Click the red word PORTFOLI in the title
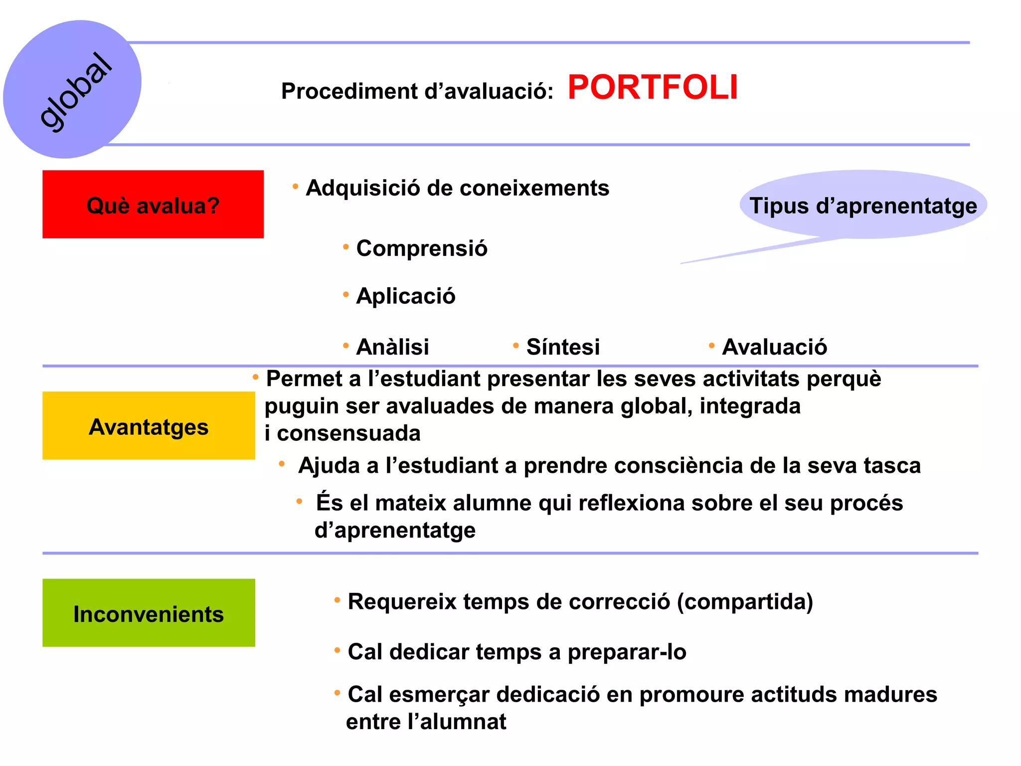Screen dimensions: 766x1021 [652, 88]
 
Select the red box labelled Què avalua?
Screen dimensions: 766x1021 [153, 204]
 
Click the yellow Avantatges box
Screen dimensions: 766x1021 [149, 426]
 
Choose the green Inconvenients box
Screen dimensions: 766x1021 [149, 613]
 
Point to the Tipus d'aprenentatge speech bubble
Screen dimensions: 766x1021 [863, 205]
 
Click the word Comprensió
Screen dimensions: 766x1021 [422, 248]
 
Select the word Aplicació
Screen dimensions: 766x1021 [406, 296]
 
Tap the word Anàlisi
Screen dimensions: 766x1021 [392, 347]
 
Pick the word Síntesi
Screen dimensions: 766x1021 [563, 347]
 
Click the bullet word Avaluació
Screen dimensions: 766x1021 [774, 347]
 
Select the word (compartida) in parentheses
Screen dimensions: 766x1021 [745, 602]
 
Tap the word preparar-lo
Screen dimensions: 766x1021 [627, 652]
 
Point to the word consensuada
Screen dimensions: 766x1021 [348, 433]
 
